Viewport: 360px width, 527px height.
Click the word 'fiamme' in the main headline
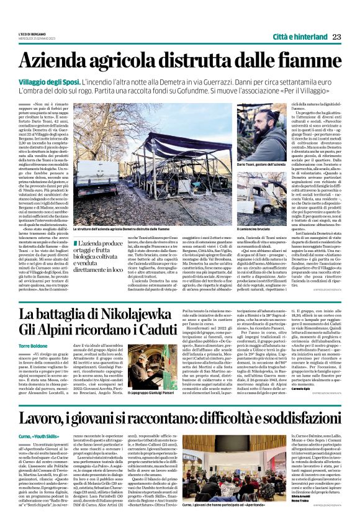click(299, 61)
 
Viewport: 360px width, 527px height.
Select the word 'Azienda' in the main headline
click(61, 61)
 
